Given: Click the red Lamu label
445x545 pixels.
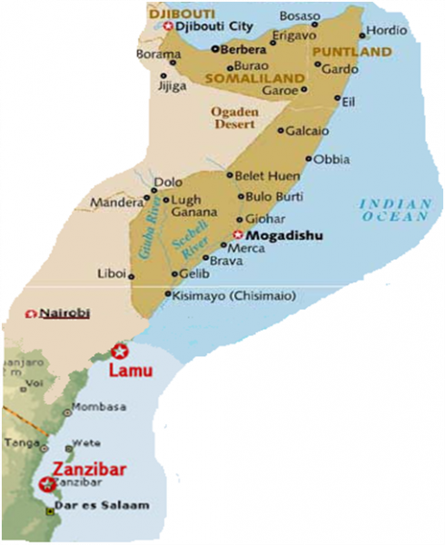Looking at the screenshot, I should pos(130,372).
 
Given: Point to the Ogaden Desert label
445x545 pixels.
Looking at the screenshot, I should pos(235,118).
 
